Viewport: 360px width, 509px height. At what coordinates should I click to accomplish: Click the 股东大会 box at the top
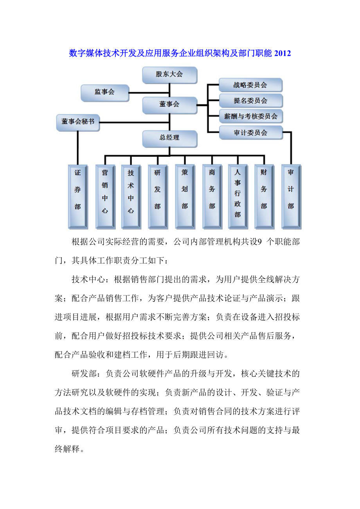169,75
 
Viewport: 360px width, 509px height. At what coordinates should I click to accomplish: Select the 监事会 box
105,93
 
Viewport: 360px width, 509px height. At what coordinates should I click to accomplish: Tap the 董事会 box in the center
169,105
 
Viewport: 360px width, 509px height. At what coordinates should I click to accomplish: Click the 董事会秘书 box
78,122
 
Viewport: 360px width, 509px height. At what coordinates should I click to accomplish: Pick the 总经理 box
169,138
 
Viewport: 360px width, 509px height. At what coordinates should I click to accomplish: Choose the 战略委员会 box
250,85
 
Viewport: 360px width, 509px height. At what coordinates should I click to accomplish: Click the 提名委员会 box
250,101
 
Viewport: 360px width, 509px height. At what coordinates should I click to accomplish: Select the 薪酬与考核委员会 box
250,116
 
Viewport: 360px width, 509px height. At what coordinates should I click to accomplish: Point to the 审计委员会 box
250,133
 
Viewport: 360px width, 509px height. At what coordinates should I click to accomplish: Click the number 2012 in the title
283,54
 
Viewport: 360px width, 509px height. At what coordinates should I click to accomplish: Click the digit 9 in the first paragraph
257,242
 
